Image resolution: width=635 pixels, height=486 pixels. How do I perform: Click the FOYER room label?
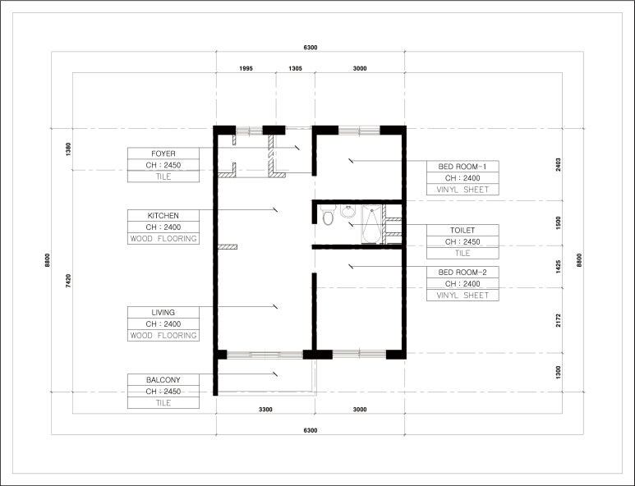pos(163,154)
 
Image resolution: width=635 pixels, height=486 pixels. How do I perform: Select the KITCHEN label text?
pos(163,216)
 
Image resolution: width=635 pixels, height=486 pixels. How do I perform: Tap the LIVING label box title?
pos(163,313)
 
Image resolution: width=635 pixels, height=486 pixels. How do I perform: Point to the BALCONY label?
pos(163,380)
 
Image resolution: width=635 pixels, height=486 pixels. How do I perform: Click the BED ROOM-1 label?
pos(462,167)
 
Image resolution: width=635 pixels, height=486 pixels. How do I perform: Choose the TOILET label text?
pos(462,230)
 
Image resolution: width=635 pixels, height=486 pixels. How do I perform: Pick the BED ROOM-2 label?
pos(462,273)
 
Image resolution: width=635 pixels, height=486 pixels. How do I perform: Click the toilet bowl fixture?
pos(328,215)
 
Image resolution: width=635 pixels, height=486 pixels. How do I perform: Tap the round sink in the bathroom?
pos(347,211)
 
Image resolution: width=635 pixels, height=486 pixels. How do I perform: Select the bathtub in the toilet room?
pos(372,224)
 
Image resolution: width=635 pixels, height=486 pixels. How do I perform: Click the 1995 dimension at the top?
pos(246,68)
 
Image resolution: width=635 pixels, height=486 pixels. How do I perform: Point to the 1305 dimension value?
pos(295,68)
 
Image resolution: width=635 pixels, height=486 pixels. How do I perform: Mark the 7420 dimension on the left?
pos(68,281)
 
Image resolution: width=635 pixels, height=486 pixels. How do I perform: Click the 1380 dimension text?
pos(68,149)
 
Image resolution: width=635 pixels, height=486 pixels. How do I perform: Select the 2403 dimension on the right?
pos(559,165)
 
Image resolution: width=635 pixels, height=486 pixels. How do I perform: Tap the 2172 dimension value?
pos(559,320)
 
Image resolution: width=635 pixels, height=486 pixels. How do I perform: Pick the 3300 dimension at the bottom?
pos(265,410)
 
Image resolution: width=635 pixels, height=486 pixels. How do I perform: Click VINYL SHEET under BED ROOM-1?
pos(462,190)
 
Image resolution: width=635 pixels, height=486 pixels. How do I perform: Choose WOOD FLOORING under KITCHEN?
pos(163,239)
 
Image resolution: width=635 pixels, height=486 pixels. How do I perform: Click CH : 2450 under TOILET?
pos(462,241)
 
